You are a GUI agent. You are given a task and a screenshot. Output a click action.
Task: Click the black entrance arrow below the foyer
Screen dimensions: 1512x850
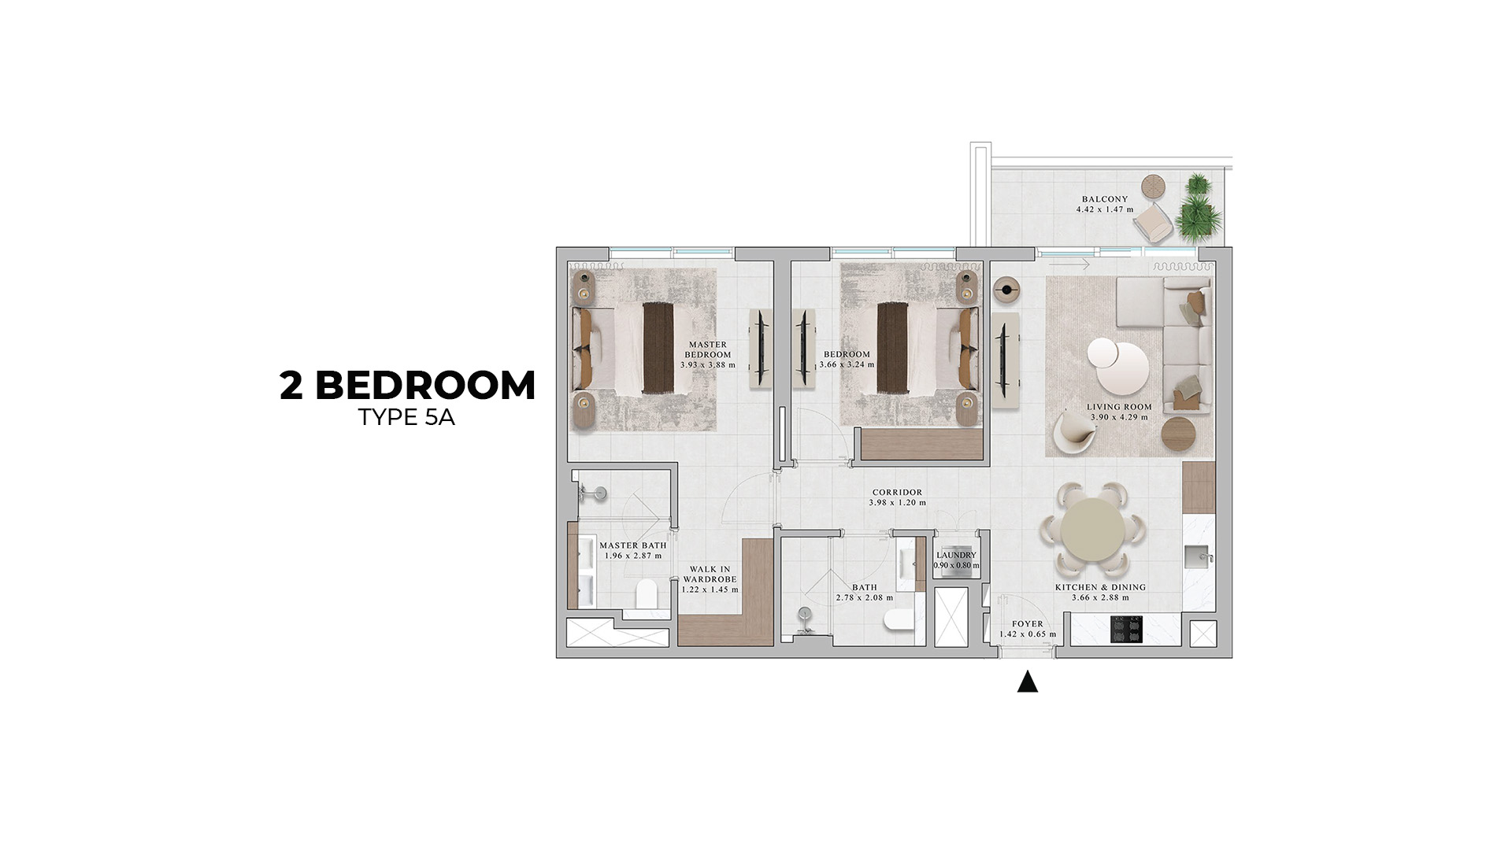[x=1027, y=682]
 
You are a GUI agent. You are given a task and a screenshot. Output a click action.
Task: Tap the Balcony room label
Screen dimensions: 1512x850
[x=1104, y=199]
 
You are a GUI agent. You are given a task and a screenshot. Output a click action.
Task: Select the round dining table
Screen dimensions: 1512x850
[x=1092, y=529]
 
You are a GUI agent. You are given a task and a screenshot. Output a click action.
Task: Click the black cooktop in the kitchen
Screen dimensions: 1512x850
[x=1126, y=630]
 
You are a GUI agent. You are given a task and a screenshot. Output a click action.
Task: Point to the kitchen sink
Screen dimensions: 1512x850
[x=1199, y=555]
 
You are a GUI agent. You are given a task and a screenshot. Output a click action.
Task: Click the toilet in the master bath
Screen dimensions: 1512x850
[x=647, y=593]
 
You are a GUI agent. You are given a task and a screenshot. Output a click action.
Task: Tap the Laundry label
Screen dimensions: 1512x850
[x=956, y=555]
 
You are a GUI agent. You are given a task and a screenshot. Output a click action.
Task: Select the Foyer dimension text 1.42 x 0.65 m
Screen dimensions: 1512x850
[x=1028, y=634]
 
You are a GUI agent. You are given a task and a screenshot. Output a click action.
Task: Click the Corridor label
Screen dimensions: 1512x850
[x=897, y=493]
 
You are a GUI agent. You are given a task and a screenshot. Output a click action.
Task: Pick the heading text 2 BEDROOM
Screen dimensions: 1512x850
[x=407, y=386]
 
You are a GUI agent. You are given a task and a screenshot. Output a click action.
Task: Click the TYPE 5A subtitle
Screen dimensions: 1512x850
[x=406, y=418]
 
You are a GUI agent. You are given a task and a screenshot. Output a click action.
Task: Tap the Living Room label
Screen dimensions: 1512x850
[x=1119, y=407]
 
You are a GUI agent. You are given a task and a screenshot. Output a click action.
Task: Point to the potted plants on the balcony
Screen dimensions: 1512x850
[x=1199, y=208]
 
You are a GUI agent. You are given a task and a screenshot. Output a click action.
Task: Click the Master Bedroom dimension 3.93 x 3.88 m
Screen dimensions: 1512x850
[x=708, y=365]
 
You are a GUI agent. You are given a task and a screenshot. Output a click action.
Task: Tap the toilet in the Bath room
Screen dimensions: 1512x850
[x=899, y=619]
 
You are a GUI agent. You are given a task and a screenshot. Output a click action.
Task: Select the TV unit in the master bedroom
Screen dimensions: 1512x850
[x=762, y=349]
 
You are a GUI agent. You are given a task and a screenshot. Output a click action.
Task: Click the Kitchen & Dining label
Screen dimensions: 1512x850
[x=1100, y=587]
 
